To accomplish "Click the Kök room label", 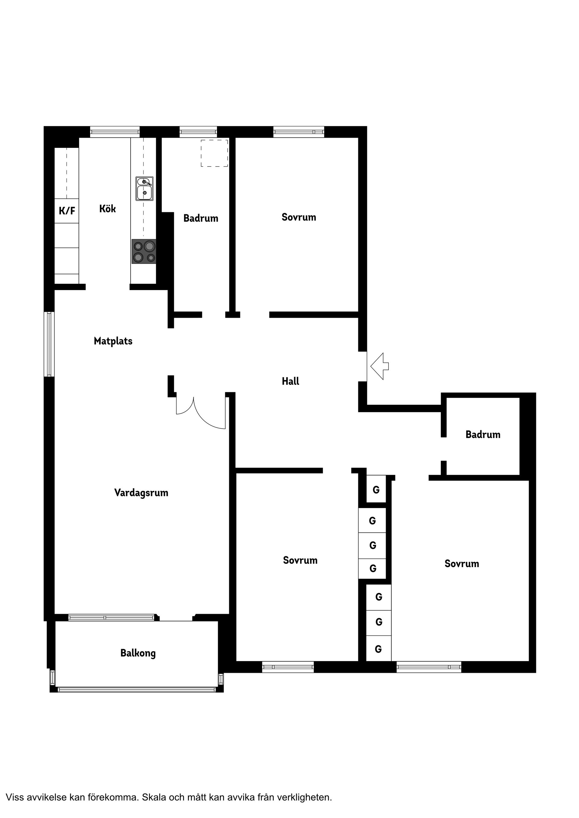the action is pos(107,209).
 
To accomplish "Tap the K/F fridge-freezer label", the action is pos(67,211).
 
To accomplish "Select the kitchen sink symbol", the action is pos(144,189).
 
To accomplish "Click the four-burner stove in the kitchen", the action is pos(144,251).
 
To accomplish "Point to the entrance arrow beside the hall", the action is pos(379,366).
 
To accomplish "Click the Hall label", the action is pos(290,382).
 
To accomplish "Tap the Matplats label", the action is pos(113,341).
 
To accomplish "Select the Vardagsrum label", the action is pos(141,493).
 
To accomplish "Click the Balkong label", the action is pos(138,653).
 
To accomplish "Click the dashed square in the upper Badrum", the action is pos(214,153).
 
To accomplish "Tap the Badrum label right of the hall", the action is pos(483,435).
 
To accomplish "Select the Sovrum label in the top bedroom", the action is pos(299,217).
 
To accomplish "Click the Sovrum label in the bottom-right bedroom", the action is pos(462,564).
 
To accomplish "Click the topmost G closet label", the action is pos(376,490).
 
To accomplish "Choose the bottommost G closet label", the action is pos(378,649).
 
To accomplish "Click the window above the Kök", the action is pos(115,132).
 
